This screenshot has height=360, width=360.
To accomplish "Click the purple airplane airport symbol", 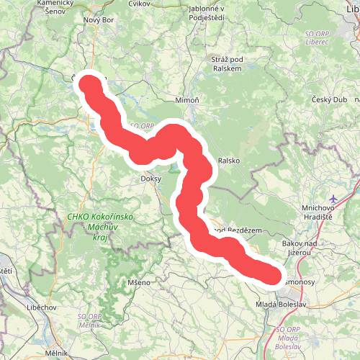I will (x=333, y=198).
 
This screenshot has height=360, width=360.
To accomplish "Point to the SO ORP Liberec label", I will (x=325, y=38).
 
